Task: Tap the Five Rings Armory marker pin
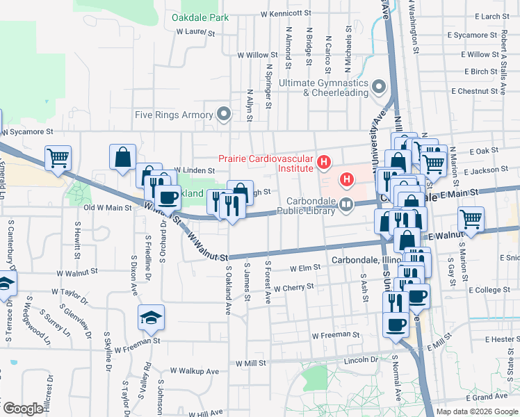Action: click(x=224, y=113)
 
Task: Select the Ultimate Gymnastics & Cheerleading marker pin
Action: click(x=379, y=87)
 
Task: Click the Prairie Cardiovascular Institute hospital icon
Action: click(x=323, y=163)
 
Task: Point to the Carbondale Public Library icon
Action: click(x=346, y=205)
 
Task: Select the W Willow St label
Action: click(x=257, y=54)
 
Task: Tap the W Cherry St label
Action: click(x=294, y=288)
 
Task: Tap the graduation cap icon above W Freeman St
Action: click(x=151, y=318)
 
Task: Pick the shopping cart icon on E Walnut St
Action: click(x=471, y=219)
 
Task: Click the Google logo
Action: click(x=23, y=409)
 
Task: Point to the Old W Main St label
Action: click(x=108, y=207)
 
